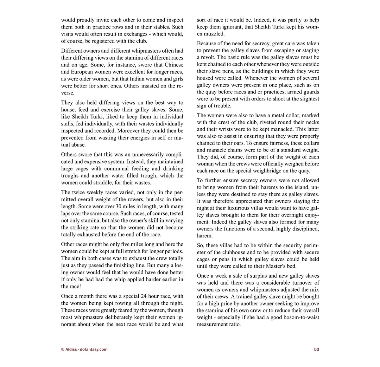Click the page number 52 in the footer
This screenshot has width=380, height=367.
pyautogui.click(x=316, y=349)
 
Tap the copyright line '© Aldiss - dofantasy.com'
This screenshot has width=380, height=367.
pyautogui.click(x=84, y=349)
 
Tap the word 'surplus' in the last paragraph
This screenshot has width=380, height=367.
pyautogui.click(x=247, y=276)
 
